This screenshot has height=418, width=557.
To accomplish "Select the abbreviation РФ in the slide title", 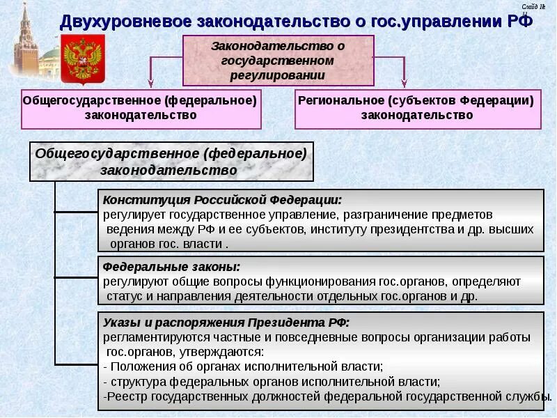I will (x=516, y=20).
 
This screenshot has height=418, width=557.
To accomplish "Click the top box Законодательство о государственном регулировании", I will (x=278, y=60).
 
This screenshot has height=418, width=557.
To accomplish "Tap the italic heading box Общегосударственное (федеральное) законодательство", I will (x=171, y=161).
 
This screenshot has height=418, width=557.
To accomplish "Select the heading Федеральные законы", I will (x=171, y=267).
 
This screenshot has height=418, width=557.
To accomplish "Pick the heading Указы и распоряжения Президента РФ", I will (x=226, y=323).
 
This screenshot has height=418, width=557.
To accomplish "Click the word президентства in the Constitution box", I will (x=408, y=229).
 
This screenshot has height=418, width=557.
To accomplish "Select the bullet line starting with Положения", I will (x=243, y=366).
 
